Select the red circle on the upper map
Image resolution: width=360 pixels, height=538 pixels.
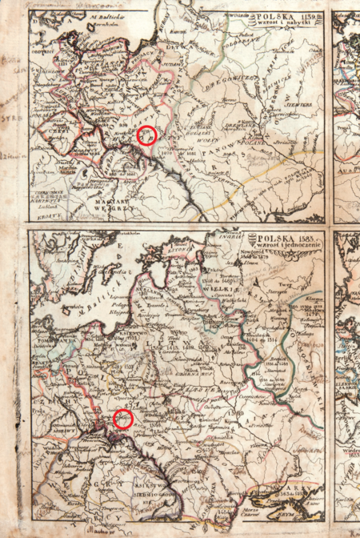[x=146, y=134]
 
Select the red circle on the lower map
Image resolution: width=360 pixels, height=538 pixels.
[x=122, y=419]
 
